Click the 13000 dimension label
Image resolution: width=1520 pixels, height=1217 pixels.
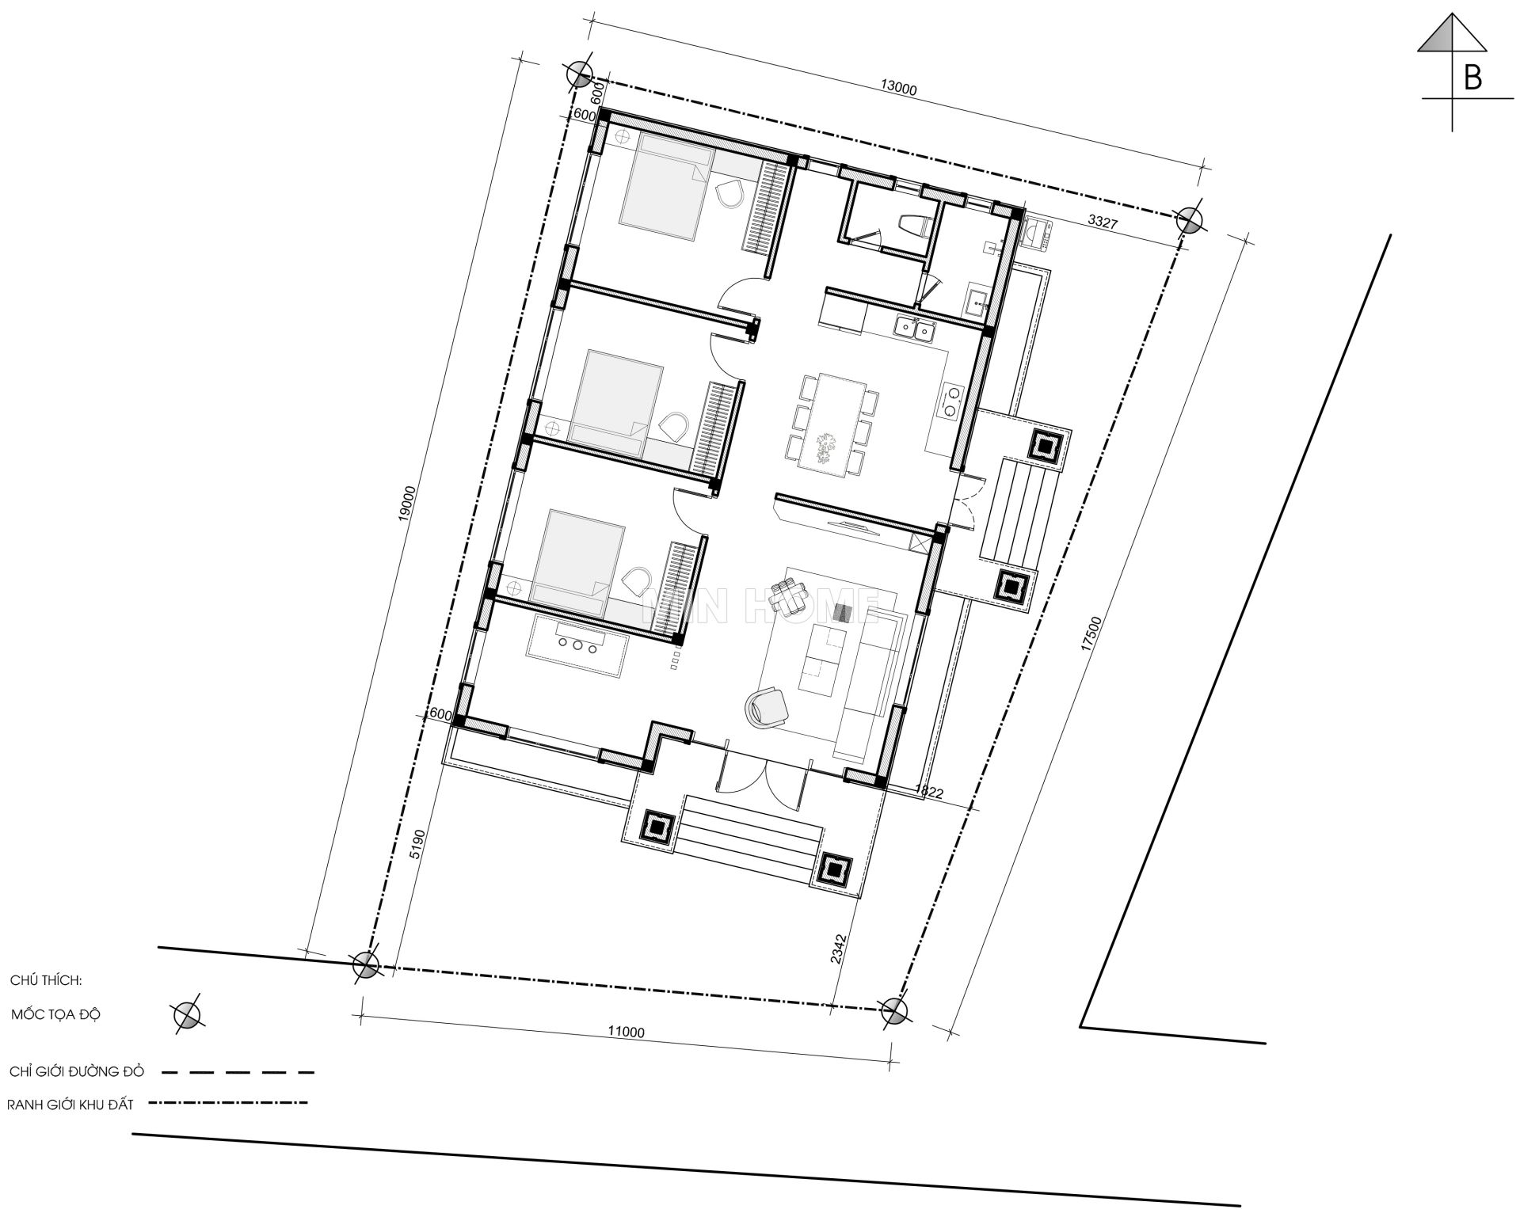pos(898,88)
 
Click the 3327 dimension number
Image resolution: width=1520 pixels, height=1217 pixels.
pos(1102,222)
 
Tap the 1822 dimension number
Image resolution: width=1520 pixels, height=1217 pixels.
pos(928,791)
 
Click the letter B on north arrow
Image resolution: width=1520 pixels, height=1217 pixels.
pos(1472,78)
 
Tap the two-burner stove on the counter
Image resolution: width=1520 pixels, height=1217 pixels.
pos(950,400)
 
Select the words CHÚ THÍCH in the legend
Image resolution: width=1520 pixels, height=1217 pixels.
pos(46,979)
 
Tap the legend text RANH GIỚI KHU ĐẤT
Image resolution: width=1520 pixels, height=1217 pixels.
pos(70,1105)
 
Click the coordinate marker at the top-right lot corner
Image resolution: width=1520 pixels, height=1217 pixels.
pos(1189,220)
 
